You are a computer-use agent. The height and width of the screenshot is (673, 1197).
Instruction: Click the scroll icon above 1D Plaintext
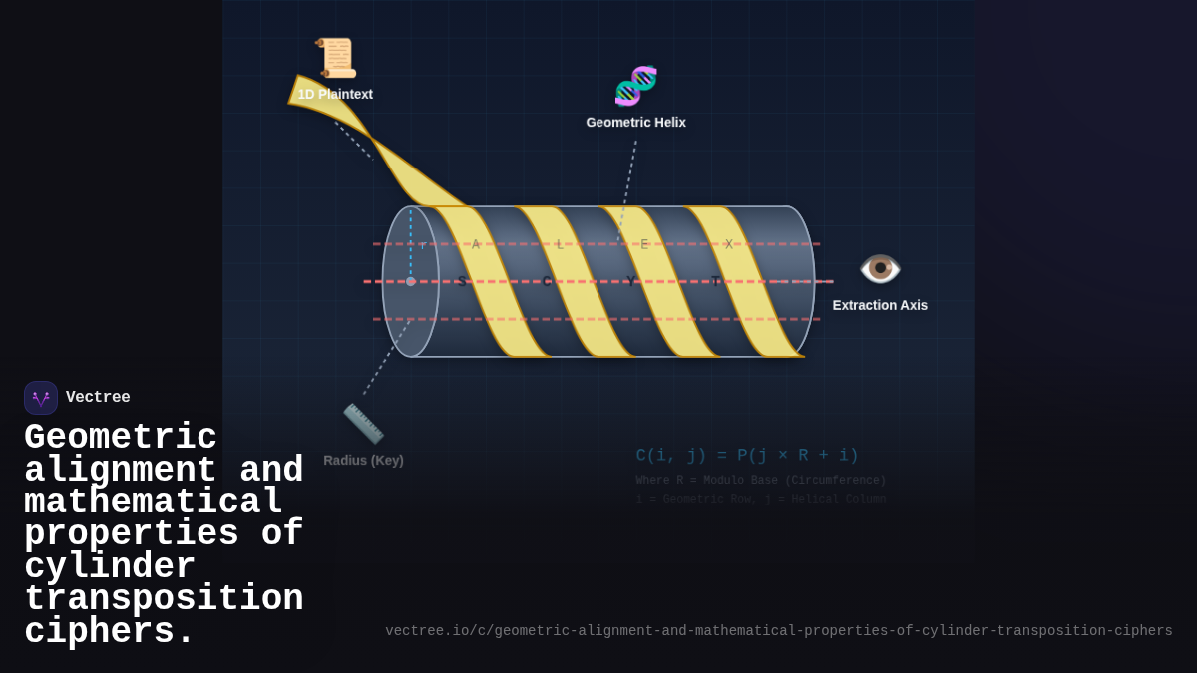coord(337,58)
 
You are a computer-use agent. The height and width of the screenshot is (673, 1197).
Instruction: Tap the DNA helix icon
coord(635,86)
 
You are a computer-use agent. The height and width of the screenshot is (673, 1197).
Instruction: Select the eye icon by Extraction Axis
coord(880,269)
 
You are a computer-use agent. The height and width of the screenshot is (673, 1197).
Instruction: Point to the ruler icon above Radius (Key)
coord(363,423)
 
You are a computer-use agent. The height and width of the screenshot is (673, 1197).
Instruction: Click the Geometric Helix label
coord(635,123)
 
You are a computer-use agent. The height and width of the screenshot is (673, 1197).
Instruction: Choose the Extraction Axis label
coord(880,305)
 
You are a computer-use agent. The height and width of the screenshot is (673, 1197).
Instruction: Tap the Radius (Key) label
coord(363,461)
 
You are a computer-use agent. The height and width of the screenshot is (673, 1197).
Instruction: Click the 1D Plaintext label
coord(335,94)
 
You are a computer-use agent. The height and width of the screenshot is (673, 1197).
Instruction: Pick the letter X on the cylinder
coord(729,244)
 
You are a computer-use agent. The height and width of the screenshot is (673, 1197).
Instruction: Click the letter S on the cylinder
coord(461,281)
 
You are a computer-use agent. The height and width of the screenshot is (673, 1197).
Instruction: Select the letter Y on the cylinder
coord(630,281)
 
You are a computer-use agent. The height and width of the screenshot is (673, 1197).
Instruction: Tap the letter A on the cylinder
coord(476,244)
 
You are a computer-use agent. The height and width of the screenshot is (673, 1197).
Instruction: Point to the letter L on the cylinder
coord(560,244)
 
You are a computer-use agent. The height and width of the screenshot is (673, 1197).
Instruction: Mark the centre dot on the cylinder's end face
coord(410,281)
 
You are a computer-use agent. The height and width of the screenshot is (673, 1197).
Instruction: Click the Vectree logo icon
coord(41,398)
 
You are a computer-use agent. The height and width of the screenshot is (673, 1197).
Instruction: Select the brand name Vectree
coord(98,398)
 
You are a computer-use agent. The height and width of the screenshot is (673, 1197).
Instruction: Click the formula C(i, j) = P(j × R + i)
coord(747,455)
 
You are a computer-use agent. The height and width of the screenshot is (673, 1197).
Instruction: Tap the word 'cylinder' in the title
coord(110,567)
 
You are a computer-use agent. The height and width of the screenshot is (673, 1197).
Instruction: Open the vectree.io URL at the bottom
coord(778,631)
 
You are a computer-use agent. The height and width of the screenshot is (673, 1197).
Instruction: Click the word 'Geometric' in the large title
coord(121,438)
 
